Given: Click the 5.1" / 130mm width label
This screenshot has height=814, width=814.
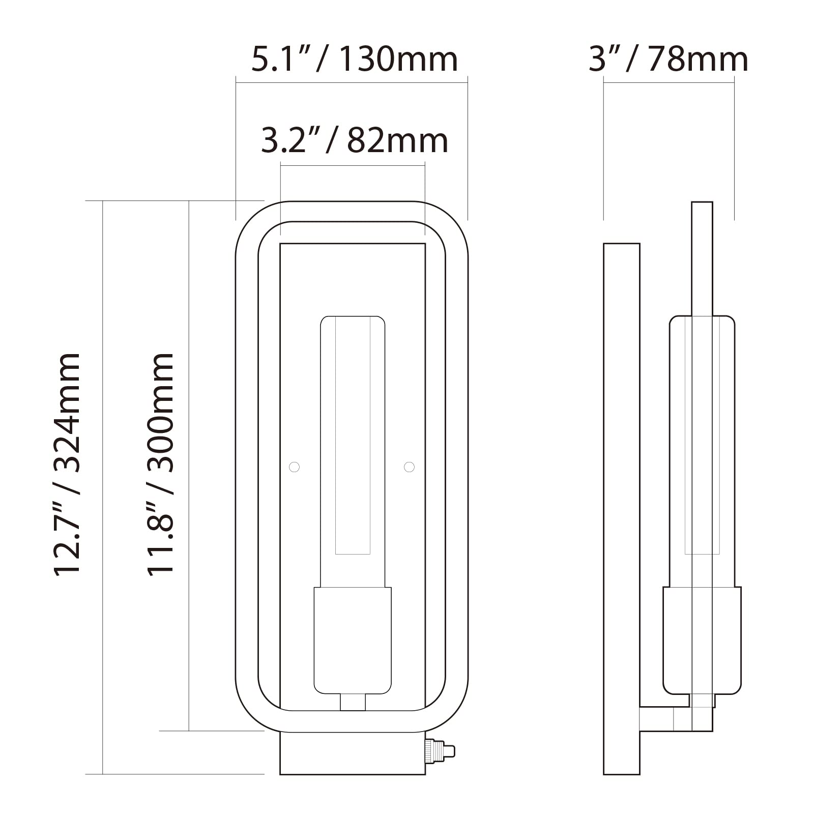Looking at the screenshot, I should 355,60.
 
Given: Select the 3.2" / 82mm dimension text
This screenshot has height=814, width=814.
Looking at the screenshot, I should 355,141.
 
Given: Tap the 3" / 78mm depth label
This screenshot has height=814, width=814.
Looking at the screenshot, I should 668,60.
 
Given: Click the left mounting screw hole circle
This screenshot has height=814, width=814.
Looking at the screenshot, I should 294,467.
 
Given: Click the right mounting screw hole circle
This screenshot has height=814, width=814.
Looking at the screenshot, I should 409,467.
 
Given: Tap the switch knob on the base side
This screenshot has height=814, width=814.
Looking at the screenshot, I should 440,751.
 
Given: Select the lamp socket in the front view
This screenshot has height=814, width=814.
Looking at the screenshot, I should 353,640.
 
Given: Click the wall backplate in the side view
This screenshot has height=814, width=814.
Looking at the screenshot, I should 621,509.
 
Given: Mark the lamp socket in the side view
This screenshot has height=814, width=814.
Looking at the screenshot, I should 702,640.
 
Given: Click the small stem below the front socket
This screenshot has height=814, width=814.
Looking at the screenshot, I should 353,702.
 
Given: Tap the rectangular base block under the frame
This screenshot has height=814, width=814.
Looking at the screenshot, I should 352,753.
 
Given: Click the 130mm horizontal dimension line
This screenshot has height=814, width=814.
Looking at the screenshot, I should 352,82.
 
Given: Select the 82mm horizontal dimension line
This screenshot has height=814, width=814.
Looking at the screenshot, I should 353,165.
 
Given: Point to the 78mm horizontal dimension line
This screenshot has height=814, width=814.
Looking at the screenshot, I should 668,82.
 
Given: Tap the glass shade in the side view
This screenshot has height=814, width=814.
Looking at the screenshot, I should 702,448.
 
